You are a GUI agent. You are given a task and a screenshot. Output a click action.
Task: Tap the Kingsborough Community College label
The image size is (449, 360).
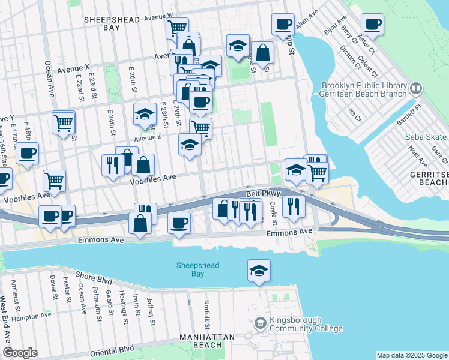tap(306, 325)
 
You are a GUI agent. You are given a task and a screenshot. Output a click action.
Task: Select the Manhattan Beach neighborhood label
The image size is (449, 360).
tap(206, 341)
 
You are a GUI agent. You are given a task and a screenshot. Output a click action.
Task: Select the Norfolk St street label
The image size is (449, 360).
tap(206, 311)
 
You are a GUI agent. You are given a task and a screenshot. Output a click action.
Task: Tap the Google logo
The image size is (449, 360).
tap(20, 353)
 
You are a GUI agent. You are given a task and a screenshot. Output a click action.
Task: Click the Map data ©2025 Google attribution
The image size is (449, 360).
tap(411, 355)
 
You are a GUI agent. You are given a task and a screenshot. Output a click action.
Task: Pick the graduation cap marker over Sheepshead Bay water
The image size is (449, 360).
tap(259, 271)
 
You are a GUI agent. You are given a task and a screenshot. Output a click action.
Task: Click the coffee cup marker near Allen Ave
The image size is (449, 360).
tap(283, 25)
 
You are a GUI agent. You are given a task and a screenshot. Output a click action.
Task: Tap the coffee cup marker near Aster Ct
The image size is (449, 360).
tap(372, 25)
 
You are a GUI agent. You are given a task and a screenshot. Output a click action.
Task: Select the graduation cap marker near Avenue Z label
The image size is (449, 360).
tap(145, 115)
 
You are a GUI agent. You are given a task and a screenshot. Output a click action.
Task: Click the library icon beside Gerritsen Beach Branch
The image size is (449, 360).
tap(415, 89)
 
